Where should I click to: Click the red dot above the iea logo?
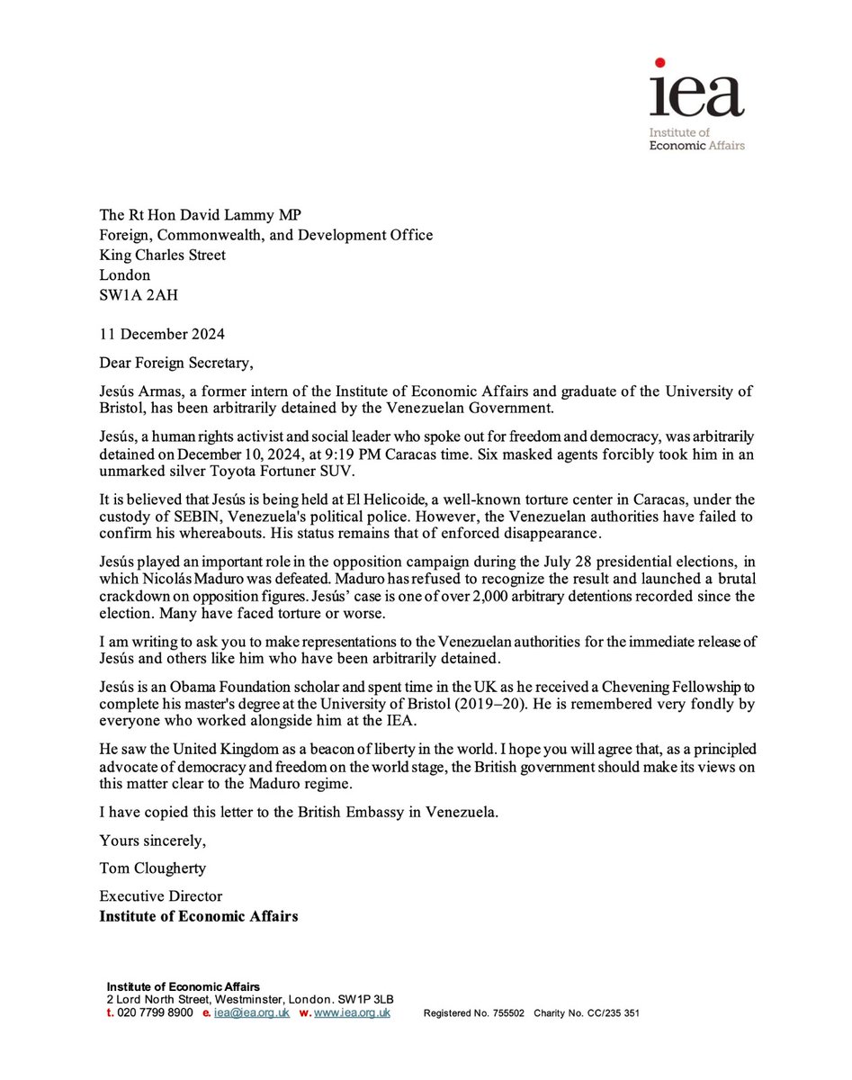(659, 63)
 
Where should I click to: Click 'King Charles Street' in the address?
(163, 256)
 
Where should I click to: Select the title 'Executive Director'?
(161, 896)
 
